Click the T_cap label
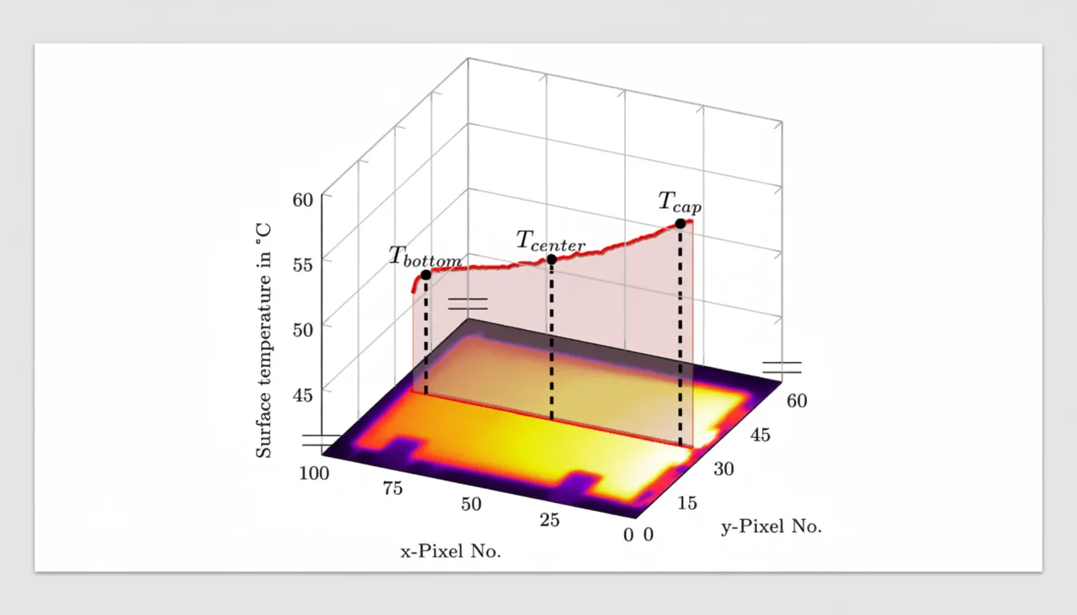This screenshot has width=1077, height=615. point(680,202)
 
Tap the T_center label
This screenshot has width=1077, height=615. point(550,240)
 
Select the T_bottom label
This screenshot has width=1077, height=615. point(425,257)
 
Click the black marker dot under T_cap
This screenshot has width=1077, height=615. point(680,223)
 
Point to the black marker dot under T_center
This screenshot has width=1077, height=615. point(551,259)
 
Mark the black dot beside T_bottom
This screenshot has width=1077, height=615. point(426,275)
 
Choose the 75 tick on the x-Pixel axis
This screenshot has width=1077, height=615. point(393,489)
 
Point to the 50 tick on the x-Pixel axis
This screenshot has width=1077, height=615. point(471,504)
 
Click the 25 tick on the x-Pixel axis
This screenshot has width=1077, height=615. point(549,521)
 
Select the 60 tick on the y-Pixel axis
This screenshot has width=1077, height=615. point(796,400)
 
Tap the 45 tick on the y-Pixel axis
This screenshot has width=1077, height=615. point(760,435)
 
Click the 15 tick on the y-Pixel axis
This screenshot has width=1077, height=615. point(687,503)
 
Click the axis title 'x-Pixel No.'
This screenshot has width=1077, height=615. point(451,552)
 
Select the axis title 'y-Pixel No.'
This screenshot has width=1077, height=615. point(771,527)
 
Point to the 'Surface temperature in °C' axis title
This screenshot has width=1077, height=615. point(264,340)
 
